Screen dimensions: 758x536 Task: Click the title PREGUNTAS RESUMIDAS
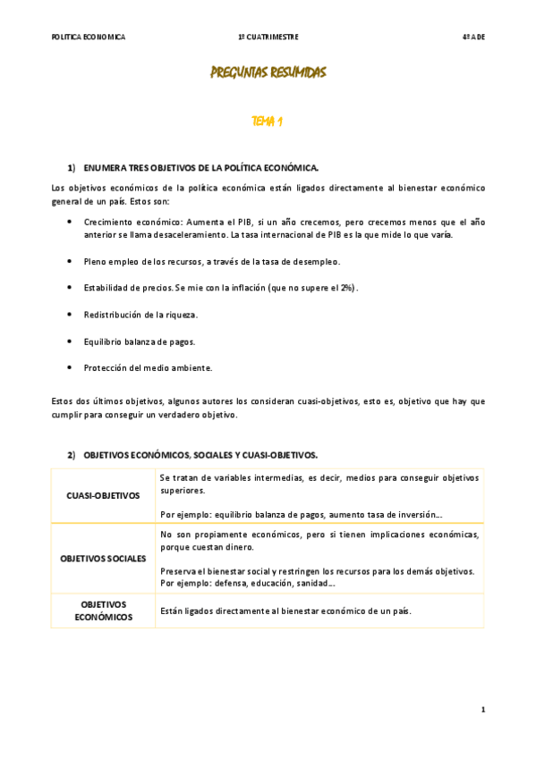coord(268,72)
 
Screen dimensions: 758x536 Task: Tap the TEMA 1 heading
coord(268,121)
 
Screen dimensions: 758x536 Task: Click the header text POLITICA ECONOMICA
coord(89,37)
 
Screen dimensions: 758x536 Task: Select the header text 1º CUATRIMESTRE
coord(268,37)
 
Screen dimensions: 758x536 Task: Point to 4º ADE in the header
coord(472,37)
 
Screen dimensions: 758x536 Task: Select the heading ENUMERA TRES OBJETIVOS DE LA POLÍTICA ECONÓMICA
coord(201,168)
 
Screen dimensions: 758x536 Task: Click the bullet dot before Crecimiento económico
coord(70,220)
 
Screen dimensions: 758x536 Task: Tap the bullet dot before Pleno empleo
coord(70,261)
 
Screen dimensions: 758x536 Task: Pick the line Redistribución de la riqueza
coord(140,315)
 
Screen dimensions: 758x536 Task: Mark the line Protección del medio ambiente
coord(148,367)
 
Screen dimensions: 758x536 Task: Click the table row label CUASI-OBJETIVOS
coord(103,495)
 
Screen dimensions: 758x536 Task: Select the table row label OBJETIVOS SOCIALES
coord(103,559)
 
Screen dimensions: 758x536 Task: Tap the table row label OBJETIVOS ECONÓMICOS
coord(103,611)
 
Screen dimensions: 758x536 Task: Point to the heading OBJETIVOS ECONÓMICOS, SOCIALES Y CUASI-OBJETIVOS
coord(200,455)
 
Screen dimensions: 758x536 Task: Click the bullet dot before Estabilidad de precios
coord(70,288)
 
